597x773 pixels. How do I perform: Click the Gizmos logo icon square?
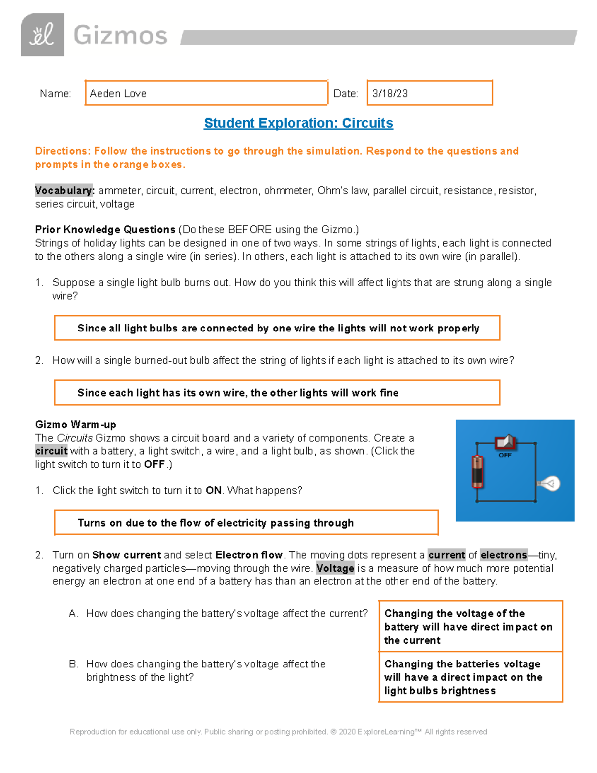pos(42,35)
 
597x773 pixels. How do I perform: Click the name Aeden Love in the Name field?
pos(118,94)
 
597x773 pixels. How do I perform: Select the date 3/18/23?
pos(390,94)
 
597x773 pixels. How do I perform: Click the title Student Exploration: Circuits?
pos(298,123)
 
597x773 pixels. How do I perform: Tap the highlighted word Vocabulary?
pos(64,191)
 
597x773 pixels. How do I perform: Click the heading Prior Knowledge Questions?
pos(105,230)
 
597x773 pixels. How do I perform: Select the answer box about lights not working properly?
pos(278,328)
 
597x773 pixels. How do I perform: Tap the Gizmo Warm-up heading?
pos(76,425)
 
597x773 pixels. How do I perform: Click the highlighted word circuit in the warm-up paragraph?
pos(51,451)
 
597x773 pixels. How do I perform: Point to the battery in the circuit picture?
pos(477,471)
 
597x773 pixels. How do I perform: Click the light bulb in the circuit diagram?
pos(550,483)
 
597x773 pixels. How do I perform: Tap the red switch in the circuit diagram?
pos(506,442)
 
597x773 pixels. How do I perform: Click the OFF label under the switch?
pos(505,455)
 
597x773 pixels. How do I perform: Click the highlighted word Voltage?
pos(335,568)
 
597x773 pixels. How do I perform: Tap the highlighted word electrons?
pos(503,555)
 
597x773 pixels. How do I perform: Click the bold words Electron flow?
pos(249,555)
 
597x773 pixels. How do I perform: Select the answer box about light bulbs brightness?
pos(470,677)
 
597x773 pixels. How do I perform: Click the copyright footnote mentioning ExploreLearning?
pos(278,732)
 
